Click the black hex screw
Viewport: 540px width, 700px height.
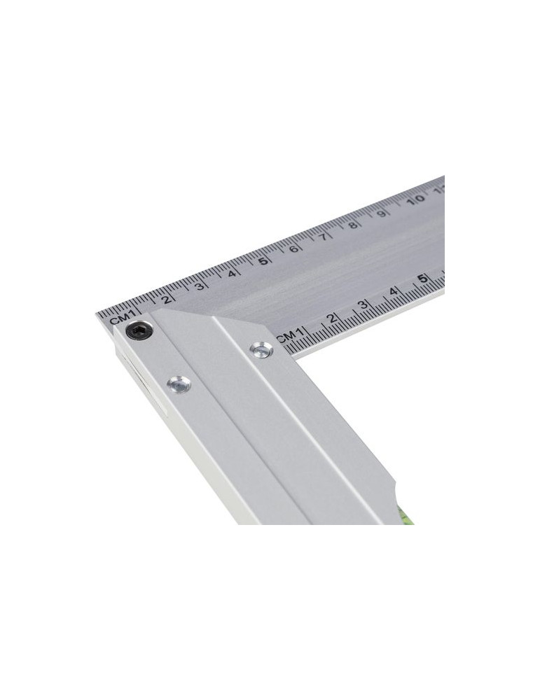(139, 330)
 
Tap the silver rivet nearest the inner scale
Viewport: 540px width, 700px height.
(262, 349)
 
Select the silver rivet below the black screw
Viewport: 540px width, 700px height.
(179, 383)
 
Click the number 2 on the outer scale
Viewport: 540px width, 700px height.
(166, 298)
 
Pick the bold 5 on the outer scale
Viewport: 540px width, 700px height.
(263, 261)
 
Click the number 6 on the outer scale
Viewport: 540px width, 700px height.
(294, 248)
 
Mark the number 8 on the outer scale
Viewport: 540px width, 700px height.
(354, 225)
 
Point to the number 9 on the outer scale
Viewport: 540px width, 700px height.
(382, 213)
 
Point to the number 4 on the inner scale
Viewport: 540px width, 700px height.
(394, 292)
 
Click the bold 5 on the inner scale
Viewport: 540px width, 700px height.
(424, 279)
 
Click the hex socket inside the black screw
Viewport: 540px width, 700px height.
(139, 330)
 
